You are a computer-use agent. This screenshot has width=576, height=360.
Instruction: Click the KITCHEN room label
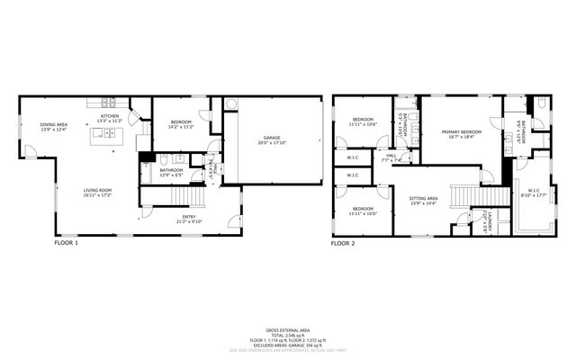point(110,118)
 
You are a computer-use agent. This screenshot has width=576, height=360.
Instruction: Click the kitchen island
point(107,136)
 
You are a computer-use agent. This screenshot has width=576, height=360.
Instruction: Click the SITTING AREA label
point(423,200)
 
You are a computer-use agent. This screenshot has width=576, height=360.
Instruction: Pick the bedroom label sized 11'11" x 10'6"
point(363,121)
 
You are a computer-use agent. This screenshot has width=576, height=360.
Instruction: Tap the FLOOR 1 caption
point(67,243)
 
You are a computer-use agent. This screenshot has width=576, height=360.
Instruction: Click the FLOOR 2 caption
point(344,243)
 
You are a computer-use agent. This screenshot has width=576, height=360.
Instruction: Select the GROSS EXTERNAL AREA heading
point(288,330)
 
